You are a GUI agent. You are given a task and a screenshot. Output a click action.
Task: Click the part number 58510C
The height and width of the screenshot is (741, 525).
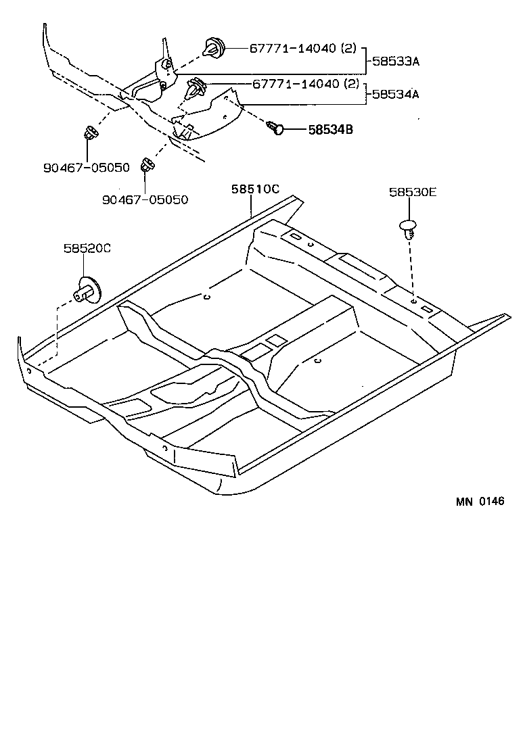256,190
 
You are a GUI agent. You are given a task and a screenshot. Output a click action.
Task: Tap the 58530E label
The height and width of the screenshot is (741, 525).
413,192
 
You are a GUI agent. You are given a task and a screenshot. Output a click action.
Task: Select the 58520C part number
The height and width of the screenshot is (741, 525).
87,248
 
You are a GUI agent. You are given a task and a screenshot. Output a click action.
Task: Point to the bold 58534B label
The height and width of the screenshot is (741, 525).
331,128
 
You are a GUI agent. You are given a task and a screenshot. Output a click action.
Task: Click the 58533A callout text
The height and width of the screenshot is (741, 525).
396,62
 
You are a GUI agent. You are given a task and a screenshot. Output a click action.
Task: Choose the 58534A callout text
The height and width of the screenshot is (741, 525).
396,94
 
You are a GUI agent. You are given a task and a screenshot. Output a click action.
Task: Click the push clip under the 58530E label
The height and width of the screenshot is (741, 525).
408,228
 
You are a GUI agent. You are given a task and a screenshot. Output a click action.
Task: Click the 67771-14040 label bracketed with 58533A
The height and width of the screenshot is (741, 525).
294,49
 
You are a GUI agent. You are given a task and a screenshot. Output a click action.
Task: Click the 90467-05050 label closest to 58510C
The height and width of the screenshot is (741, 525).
145,199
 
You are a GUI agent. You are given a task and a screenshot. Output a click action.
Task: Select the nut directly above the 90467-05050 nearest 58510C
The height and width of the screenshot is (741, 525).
145,164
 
